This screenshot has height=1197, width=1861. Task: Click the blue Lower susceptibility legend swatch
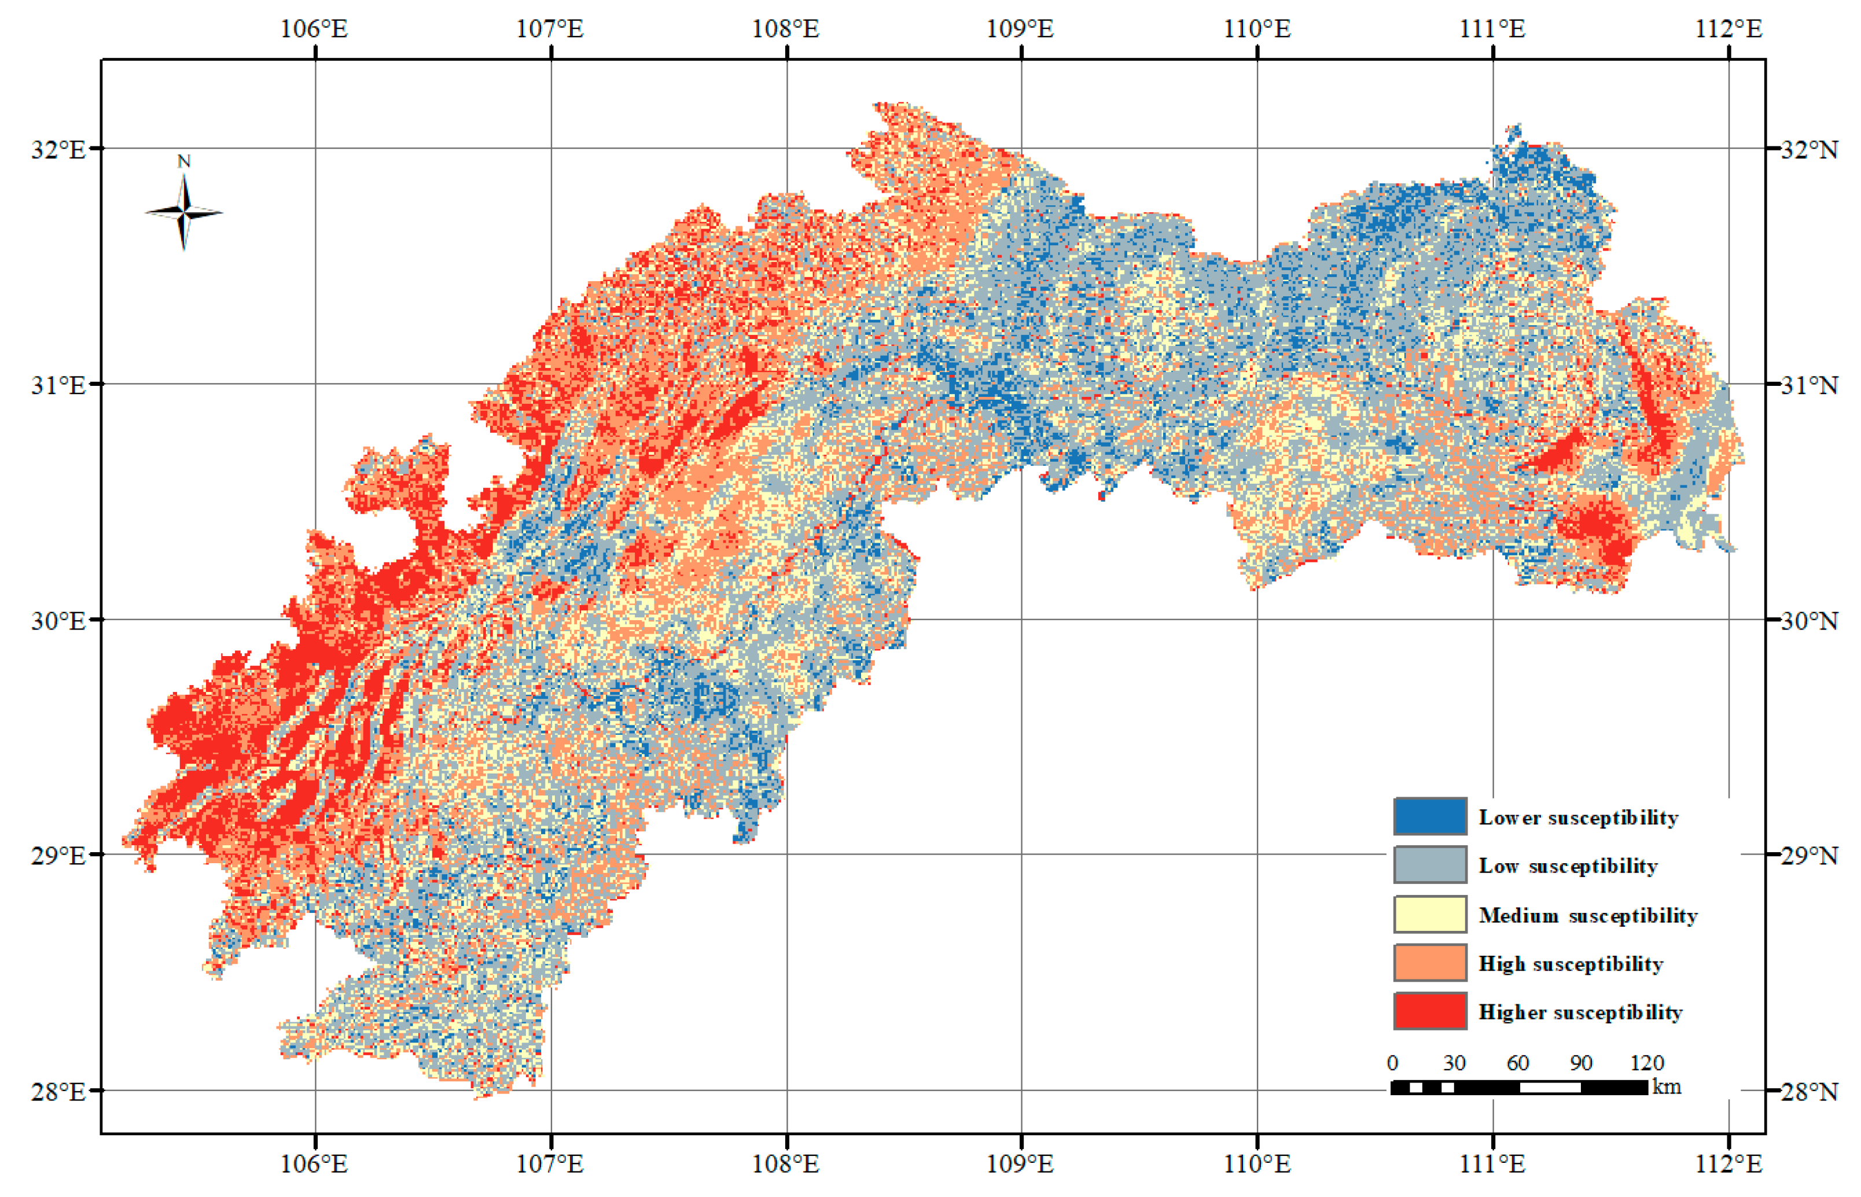click(x=1429, y=816)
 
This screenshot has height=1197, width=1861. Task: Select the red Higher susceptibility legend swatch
click(x=1429, y=1011)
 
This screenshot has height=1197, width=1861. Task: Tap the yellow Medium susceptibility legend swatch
click(x=1429, y=914)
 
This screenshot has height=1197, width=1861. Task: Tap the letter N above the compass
click(x=183, y=161)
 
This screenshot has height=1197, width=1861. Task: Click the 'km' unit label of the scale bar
click(x=1666, y=1086)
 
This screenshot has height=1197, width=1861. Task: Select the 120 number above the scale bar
click(x=1646, y=1063)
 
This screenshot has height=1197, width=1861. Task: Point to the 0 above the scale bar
click(x=1392, y=1063)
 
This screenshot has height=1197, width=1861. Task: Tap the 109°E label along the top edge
click(x=1020, y=29)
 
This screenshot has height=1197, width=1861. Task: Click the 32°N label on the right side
click(x=1809, y=149)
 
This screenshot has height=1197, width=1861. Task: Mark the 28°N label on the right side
click(x=1809, y=1091)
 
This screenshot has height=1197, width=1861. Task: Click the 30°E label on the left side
click(x=57, y=620)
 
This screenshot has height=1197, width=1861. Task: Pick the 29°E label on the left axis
click(x=57, y=855)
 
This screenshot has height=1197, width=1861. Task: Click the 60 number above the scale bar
click(x=1517, y=1063)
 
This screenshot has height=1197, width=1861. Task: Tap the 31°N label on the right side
click(x=1809, y=385)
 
